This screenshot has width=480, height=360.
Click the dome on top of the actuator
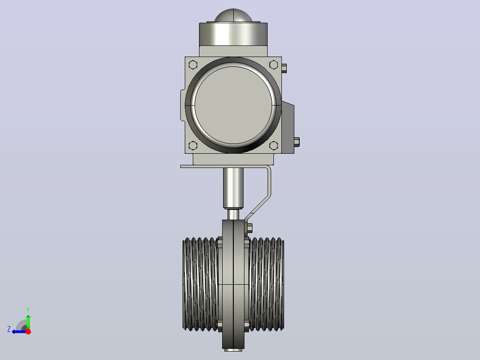point(233,15)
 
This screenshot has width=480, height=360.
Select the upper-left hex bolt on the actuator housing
point(193,65)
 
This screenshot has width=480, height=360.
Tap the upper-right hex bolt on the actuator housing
point(274,65)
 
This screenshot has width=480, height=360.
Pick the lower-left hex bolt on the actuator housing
point(193,146)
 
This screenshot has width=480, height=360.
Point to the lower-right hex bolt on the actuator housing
point(274,146)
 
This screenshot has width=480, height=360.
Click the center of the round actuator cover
point(233,105)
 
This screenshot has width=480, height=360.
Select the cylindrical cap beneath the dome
point(233,34)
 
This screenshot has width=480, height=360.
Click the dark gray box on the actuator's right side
point(288,127)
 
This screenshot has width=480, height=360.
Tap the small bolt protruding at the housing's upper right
point(284,68)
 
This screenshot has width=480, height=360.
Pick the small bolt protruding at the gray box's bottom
point(297,142)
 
